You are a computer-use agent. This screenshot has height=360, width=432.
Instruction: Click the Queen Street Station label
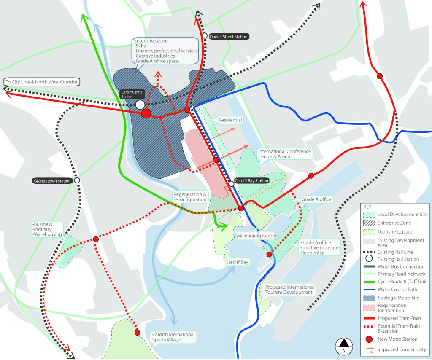[229, 37]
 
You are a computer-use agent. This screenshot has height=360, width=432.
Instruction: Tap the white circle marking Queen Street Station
[205, 36]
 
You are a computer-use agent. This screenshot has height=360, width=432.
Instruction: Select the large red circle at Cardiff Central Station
[146, 113]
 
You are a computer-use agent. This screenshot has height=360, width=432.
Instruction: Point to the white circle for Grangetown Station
[77, 180]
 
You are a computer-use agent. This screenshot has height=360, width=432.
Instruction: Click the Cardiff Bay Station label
[251, 181]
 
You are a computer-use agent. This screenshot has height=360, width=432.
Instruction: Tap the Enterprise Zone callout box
[165, 51]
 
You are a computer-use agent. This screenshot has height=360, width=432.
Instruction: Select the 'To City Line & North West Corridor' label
[41, 82]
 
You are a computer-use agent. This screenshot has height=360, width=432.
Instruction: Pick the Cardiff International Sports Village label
[173, 337]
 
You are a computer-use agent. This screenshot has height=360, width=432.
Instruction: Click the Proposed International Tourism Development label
[289, 290]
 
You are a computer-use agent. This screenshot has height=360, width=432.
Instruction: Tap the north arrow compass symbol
[344, 346]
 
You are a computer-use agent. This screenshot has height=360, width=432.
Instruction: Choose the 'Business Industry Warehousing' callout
[47, 229]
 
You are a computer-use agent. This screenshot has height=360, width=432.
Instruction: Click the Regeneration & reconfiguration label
[190, 197]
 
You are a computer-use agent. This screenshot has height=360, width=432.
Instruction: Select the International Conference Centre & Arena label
[284, 154]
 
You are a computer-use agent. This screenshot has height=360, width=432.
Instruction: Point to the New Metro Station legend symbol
[369, 339]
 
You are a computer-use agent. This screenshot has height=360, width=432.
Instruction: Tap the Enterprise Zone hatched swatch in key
[369, 223]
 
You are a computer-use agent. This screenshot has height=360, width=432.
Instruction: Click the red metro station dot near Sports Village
[137, 333]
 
